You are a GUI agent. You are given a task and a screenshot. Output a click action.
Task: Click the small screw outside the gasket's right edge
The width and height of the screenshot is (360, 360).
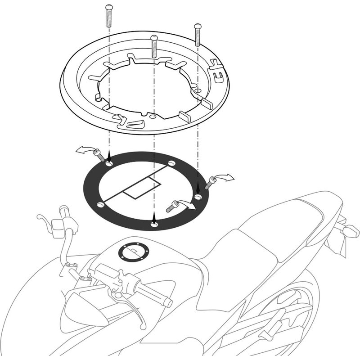210,183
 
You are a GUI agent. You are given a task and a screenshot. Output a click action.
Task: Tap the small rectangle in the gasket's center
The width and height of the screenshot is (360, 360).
142,187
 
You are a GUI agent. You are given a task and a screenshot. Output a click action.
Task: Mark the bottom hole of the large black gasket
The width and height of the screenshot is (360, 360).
154,224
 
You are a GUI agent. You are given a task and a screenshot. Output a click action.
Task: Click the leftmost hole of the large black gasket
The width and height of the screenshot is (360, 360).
100,205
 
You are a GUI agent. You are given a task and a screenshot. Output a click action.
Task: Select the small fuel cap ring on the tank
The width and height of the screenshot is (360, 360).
133,252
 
